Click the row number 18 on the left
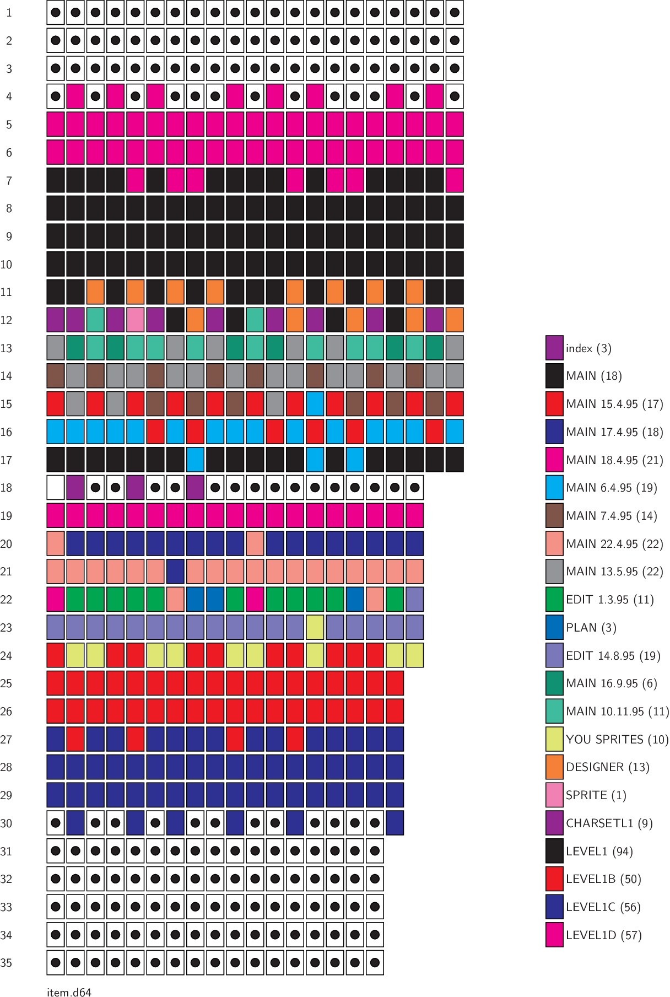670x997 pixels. pos(6,488)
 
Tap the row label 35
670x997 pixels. pos(6,963)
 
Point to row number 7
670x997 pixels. pos(9,181)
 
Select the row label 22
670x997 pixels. pos(6,600)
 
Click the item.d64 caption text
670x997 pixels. pos(69,992)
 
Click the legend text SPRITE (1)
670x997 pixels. pos(596,795)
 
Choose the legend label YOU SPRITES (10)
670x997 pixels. pos(617,740)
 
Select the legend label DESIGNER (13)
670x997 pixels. pos(607,767)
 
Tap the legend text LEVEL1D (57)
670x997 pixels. pos(603,935)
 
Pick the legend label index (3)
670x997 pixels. pos(588,348)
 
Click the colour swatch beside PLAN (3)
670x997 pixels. pos(554,628)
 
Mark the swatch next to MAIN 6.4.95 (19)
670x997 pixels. pos(554,488)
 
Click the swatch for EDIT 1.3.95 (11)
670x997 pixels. pos(554,600)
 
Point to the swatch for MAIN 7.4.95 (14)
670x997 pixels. pos(554,516)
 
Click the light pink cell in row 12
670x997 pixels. pos(136,320)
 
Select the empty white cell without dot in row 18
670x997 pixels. pos(56,488)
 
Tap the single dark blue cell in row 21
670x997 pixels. pos(175,572)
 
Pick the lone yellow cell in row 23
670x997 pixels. pos(315,628)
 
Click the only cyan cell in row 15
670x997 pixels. pos(315,404)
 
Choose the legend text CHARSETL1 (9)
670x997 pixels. pos(609,823)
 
